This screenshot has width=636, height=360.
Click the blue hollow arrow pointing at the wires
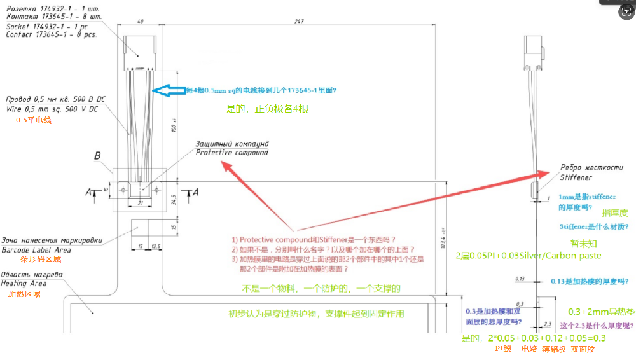[168, 91]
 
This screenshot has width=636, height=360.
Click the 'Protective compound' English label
[232, 153]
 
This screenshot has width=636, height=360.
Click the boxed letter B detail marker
[97, 155]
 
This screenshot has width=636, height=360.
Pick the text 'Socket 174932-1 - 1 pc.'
[48, 27]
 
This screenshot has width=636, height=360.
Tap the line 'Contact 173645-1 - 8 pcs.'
[52, 34]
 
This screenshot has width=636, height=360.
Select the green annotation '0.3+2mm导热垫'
[600, 312]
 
